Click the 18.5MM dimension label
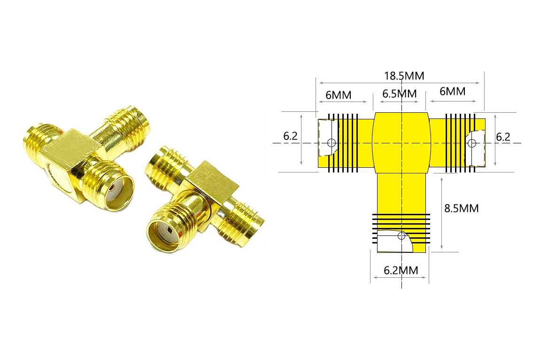point(404,76)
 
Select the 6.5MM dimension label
point(400,94)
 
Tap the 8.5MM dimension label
point(462,208)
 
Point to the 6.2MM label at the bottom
point(401,270)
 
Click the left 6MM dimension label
point(339,95)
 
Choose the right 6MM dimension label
point(453,91)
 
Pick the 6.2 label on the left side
point(290,136)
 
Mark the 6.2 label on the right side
point(503,137)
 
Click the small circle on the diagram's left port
point(332,142)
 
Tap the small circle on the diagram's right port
point(472,143)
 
